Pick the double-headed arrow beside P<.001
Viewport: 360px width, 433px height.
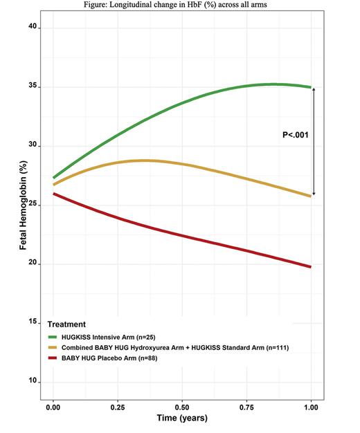pyautogui.click(x=314, y=142)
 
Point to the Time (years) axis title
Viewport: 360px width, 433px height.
pyautogui.click(x=182, y=418)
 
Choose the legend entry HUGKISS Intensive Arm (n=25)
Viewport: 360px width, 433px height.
pyautogui.click(x=117, y=335)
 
